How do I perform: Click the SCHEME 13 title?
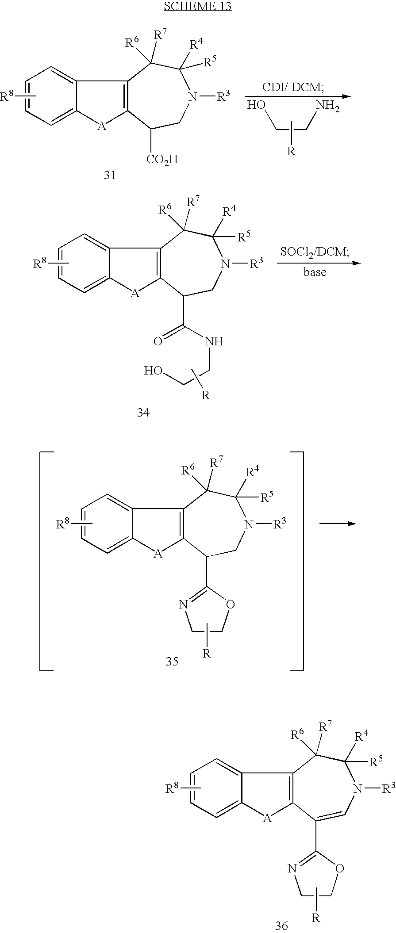[x=198, y=6]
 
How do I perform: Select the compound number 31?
[x=110, y=175]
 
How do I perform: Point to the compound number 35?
[x=172, y=662]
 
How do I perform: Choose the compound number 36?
[x=281, y=925]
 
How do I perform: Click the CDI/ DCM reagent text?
[x=293, y=88]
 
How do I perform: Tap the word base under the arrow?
[x=315, y=272]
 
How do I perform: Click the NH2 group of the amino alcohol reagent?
[x=327, y=107]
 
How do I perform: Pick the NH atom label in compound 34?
[x=214, y=341]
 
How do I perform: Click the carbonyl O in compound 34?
[x=158, y=341]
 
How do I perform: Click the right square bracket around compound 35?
[x=298, y=561]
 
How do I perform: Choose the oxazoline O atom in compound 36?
[x=339, y=868]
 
